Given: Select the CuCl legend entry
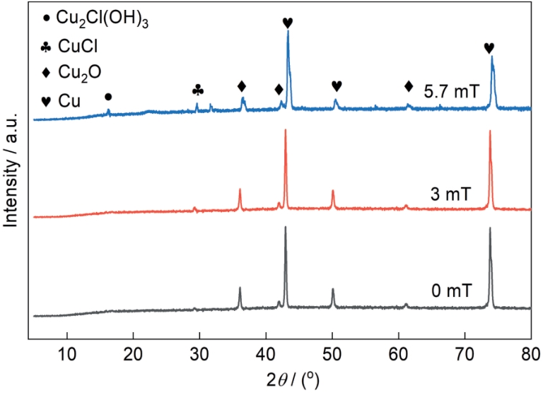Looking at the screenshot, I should coord(71,47).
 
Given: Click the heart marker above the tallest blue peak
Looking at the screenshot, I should coord(287,23).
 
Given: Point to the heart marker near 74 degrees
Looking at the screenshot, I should coord(489,47).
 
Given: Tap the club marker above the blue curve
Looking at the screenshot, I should coord(198,90).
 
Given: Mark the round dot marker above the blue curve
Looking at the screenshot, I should coord(107,96).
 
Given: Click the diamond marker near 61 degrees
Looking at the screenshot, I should coord(409,86).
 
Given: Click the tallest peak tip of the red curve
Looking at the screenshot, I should coord(285,130).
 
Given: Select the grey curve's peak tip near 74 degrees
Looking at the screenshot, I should coord(489,228).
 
